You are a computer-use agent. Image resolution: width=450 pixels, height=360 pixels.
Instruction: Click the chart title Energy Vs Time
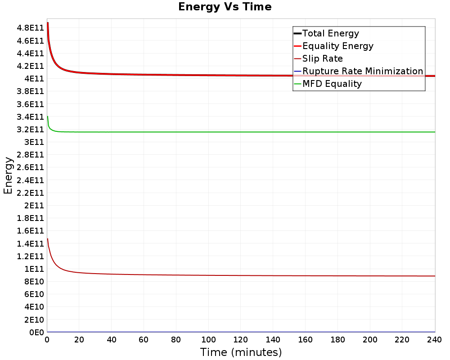[225, 7]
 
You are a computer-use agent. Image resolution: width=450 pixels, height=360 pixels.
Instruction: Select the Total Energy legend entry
[330, 33]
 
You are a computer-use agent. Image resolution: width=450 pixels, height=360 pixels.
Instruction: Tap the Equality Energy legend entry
[337, 46]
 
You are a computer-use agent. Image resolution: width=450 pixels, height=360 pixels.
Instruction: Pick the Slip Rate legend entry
[322, 58]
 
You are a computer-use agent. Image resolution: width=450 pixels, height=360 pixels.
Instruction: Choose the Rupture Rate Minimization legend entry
[363, 71]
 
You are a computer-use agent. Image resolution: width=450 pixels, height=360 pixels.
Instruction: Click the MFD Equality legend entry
[332, 84]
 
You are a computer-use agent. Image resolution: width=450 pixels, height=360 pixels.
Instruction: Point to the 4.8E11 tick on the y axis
[30, 28]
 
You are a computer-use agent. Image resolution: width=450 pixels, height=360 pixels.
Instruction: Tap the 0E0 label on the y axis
[36, 332]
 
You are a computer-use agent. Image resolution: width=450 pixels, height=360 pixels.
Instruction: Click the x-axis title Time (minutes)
[241, 352]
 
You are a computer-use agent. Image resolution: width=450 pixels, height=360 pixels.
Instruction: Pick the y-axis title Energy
[8, 175]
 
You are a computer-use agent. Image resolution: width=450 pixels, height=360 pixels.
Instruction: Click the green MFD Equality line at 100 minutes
[208, 132]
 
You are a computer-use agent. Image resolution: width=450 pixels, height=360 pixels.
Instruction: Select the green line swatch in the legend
[297, 84]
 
